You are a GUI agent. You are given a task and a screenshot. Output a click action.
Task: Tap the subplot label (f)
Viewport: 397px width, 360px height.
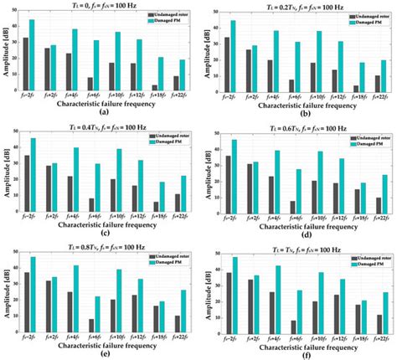click(300, 352)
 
